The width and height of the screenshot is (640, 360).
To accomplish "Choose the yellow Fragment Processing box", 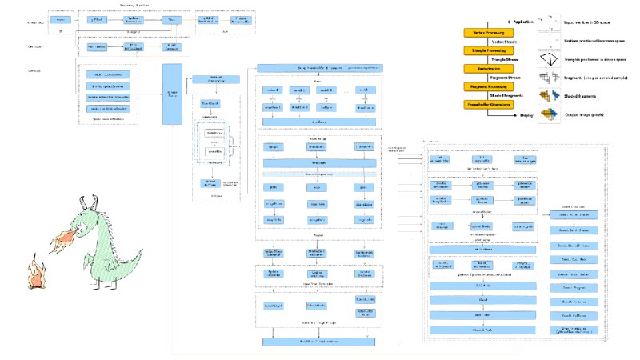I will (x=488, y=86).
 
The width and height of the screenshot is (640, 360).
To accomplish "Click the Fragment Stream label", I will (x=509, y=77).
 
